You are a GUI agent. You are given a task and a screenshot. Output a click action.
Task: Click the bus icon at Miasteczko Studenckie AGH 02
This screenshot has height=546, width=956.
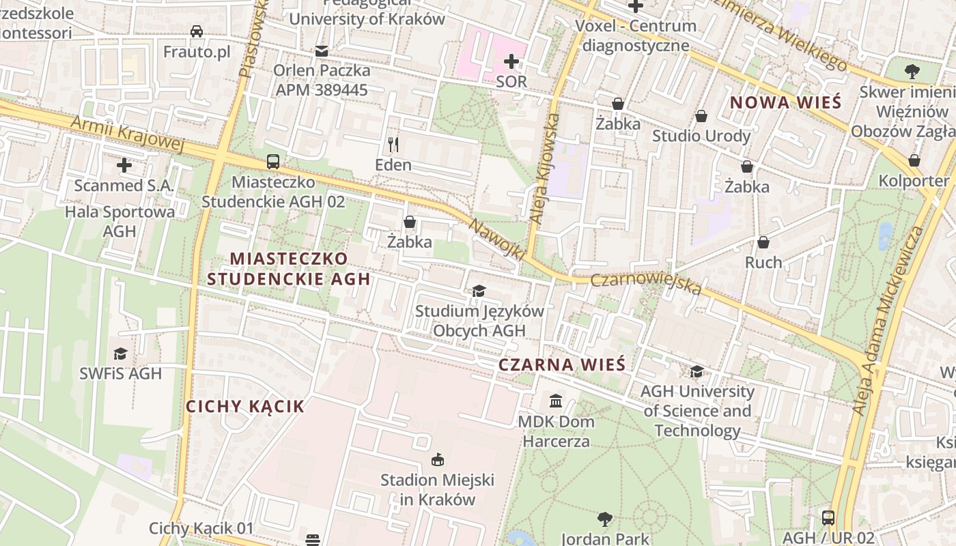click(x=273, y=162)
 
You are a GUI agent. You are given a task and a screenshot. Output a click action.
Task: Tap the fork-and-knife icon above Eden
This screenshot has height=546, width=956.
click(x=393, y=144)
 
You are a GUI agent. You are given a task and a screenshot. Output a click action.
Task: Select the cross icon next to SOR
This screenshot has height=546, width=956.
click(x=511, y=62)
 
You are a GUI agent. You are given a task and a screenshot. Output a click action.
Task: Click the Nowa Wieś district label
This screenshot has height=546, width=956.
click(x=785, y=103)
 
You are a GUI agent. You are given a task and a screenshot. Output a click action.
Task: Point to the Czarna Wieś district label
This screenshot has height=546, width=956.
click(x=561, y=364)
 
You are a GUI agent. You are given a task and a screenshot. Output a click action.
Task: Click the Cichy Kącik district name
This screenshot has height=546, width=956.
click(x=245, y=407)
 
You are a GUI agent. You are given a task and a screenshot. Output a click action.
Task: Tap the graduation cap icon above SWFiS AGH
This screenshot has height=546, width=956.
click(x=120, y=353)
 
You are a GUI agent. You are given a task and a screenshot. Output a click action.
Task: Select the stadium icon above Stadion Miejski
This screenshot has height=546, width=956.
click(x=437, y=460)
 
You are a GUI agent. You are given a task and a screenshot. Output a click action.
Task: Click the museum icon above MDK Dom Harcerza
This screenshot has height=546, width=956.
click(x=556, y=400)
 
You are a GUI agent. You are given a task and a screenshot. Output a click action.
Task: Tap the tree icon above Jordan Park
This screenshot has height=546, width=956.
click(x=604, y=519)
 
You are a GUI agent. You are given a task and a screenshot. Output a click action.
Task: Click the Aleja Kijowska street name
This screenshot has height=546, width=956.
click(x=545, y=169)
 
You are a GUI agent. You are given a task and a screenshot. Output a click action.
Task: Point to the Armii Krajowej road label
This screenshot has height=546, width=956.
click(x=128, y=134)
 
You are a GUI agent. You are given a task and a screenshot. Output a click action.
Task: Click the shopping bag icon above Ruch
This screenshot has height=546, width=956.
click(x=763, y=242)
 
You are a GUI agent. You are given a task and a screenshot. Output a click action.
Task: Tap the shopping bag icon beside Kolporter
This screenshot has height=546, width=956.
click(x=914, y=160)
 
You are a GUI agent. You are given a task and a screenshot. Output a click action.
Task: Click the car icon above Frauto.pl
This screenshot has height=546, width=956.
click(x=197, y=31)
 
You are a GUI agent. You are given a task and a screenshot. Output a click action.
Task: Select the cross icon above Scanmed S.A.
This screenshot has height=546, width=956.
click(x=124, y=165)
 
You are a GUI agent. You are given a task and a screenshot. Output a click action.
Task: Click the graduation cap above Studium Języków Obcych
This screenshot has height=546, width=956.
click(x=479, y=291)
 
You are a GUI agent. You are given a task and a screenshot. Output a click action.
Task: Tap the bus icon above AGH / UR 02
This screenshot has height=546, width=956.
click(x=828, y=517)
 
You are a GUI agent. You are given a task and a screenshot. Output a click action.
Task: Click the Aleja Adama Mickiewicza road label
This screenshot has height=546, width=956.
click(x=888, y=321)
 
